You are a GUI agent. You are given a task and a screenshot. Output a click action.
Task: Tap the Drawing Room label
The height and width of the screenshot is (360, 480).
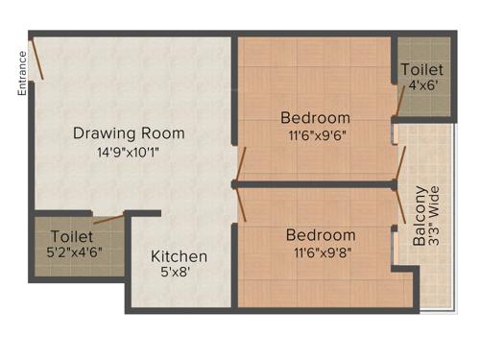pos(129,133)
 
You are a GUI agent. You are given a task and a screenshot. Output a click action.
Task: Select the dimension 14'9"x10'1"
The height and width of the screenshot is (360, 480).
pos(129,151)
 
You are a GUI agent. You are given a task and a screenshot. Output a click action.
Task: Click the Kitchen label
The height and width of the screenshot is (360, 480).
pos(179,256)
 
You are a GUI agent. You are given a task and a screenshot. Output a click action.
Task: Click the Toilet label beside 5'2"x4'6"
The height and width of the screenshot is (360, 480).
pos(72,235)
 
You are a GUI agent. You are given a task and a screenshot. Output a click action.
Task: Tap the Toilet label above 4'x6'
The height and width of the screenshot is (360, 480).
pos(422,70)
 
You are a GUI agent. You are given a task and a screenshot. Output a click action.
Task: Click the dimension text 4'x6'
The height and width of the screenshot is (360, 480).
pos(422,86)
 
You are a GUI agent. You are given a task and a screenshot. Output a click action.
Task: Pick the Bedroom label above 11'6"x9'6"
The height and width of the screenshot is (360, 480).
pos(315,118)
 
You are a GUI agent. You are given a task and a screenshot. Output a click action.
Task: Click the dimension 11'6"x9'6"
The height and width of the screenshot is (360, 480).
pos(315,135)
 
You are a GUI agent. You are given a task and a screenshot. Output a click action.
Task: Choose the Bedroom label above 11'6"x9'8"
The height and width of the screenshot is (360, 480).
pos(321,235)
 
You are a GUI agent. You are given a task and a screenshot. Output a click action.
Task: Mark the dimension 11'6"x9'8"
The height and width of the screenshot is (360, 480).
pos(321,252)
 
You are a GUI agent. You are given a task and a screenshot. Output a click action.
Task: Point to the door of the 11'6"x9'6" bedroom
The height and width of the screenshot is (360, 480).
pos(241,164)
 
